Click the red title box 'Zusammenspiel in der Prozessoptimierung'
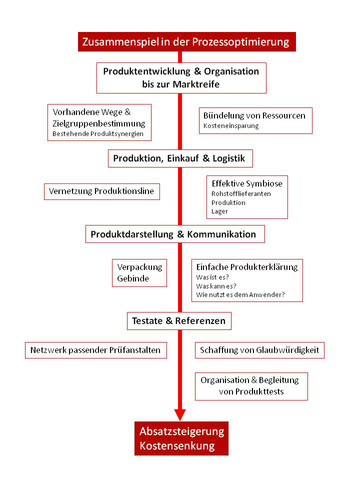[x=186, y=41]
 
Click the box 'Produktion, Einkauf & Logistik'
[x=180, y=158]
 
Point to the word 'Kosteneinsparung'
[x=231, y=126]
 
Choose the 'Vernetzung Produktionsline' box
[x=102, y=191]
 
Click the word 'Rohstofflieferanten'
[x=241, y=194]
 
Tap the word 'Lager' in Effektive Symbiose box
[x=220, y=211]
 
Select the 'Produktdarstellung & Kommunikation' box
[x=175, y=234]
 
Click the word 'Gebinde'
[x=133, y=278]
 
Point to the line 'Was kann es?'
[x=216, y=286]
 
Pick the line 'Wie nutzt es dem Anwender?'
[x=240, y=295]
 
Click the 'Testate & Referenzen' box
[x=179, y=321]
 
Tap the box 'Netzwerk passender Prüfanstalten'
[x=96, y=350]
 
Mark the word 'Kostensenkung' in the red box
[x=177, y=445]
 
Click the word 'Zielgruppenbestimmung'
[x=99, y=123]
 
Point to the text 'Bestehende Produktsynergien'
[x=98, y=134]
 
